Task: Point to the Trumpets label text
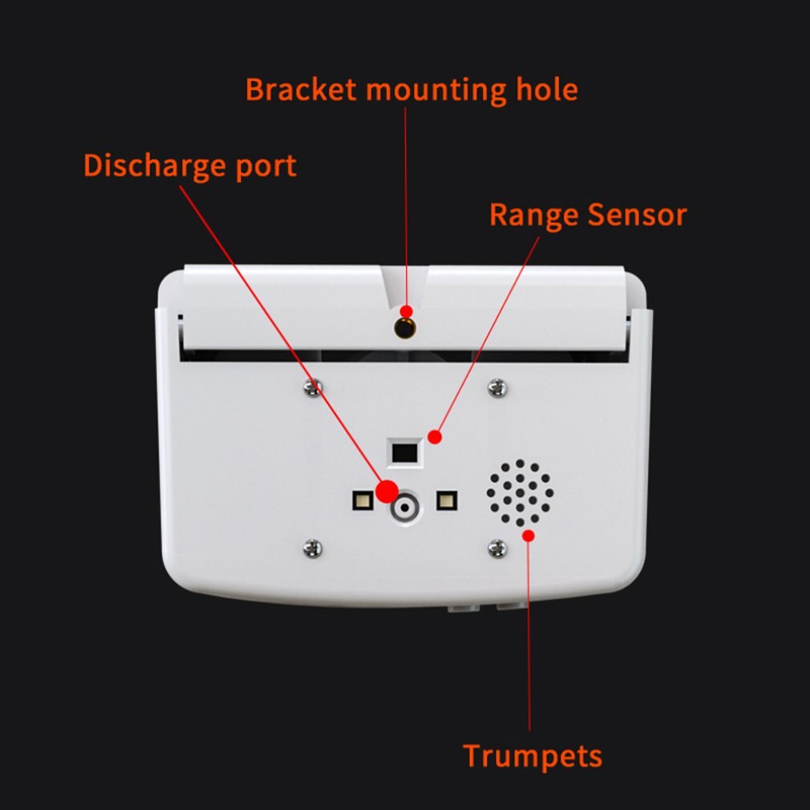pos(533,755)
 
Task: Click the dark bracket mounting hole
pos(405,327)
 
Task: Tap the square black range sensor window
pos(404,452)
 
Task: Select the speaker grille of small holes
pos(520,492)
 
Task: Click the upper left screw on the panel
pos(313,388)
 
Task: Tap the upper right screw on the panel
pos(497,387)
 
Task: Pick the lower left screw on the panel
pos(313,549)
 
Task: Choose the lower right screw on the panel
pos(497,549)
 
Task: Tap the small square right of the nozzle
pos(446,501)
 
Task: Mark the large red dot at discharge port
pos(387,491)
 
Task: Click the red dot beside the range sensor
pos(435,437)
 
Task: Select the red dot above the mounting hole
pos(407,310)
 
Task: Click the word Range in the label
pos(534,215)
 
